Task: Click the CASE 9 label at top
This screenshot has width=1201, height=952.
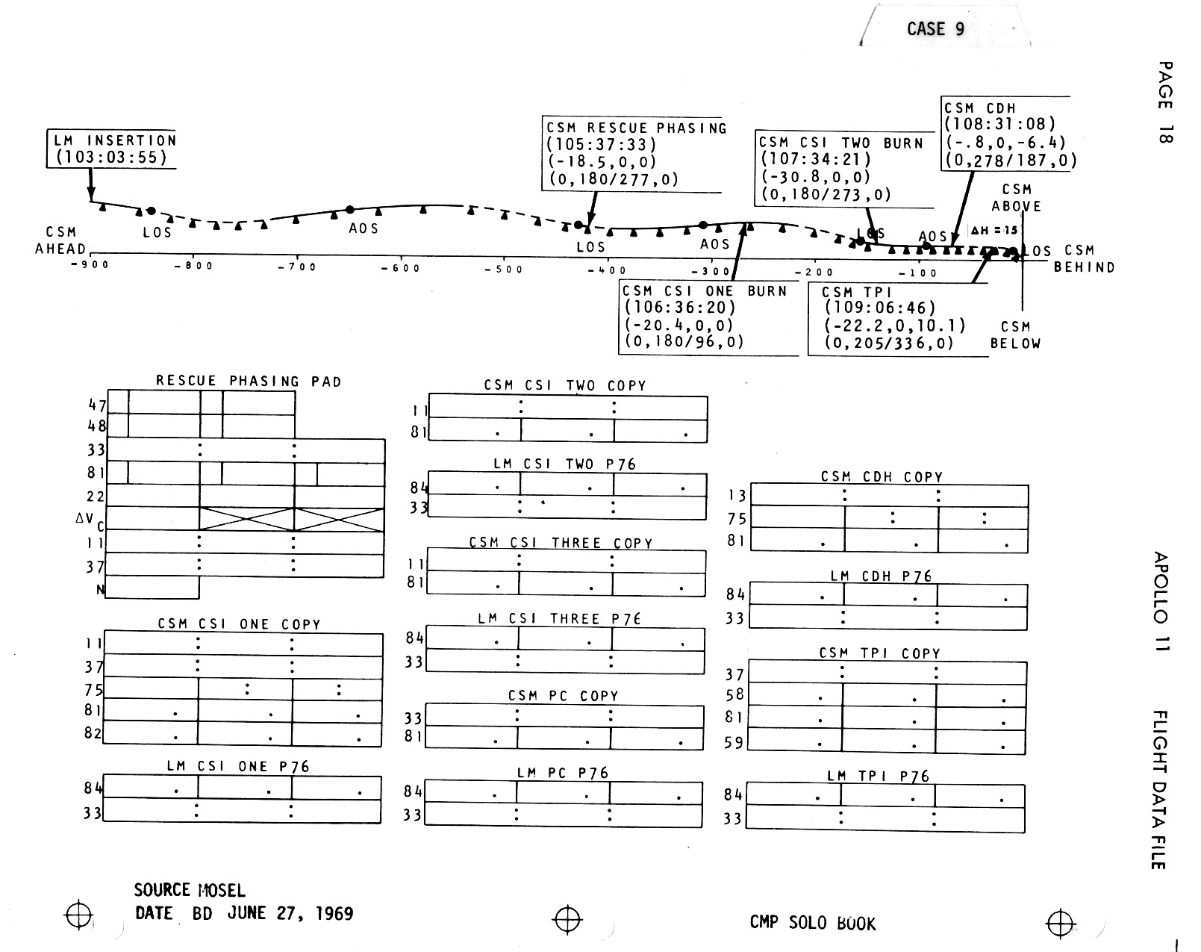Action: (935, 29)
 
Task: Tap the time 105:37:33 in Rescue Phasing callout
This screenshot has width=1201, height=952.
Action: (602, 145)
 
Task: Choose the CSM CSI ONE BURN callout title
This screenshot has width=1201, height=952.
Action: (704, 291)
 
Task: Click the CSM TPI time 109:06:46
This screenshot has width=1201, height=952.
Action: (880, 308)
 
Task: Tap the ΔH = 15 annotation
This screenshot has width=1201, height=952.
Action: (993, 230)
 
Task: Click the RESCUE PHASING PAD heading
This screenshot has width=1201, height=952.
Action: (248, 382)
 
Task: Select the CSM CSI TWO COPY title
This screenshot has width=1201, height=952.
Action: (564, 386)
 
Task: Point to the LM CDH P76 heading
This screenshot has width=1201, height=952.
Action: (881, 576)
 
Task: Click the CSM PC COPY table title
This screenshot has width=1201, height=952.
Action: (563, 696)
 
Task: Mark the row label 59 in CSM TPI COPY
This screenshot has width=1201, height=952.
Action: (734, 743)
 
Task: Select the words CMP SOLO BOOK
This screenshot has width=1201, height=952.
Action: (812, 923)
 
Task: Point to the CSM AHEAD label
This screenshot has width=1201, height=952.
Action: (60, 241)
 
